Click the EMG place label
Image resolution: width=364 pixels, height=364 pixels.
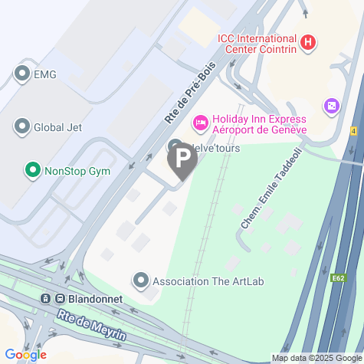pos(45,74)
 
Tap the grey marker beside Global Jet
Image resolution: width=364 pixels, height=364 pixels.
pos(21,127)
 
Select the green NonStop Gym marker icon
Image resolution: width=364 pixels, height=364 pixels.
pos(32,170)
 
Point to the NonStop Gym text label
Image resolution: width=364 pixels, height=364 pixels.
pos(77,170)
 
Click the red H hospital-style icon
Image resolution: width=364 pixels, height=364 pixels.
pos(307,42)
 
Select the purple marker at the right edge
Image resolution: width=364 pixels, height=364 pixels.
pos(332,104)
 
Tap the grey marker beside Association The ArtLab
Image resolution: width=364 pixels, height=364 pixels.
pos(140,281)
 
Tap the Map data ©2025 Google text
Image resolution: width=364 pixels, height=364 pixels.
pos(316,358)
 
